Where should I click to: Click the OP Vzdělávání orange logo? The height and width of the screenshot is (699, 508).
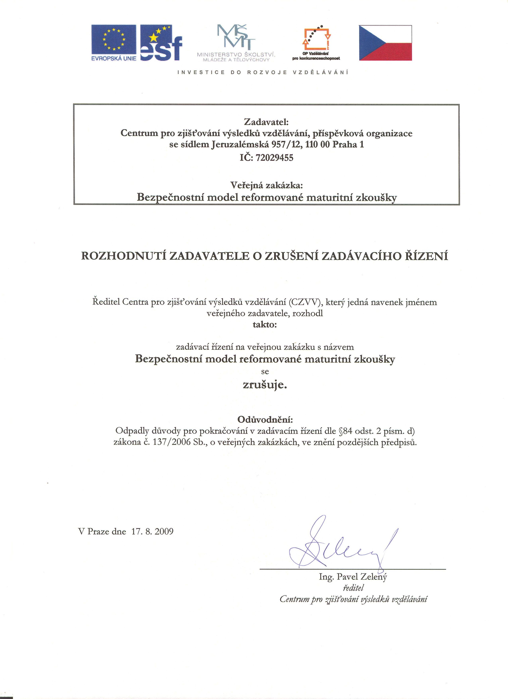(316, 43)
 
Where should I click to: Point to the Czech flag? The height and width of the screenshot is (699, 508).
(385, 43)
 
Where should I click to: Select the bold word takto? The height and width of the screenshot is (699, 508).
(265, 325)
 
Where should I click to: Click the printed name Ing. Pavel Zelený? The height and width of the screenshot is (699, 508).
(353, 577)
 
